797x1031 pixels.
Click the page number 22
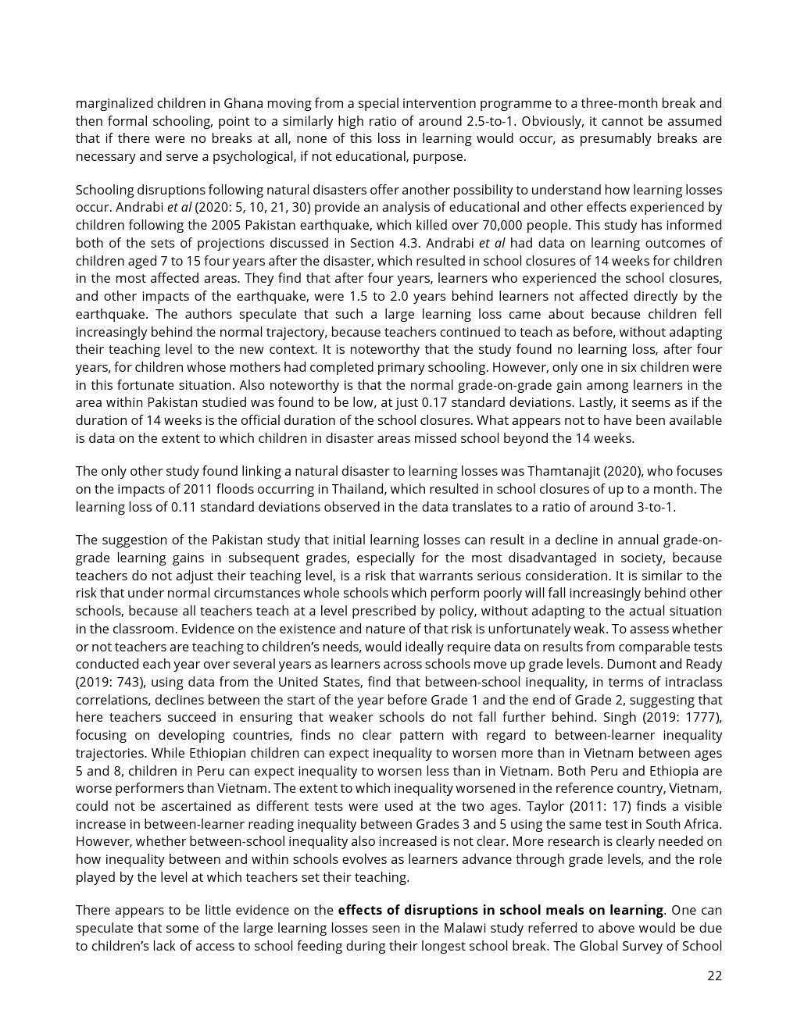coord(714,976)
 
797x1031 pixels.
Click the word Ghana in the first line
coord(242,103)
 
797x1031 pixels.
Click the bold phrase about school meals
coord(500,910)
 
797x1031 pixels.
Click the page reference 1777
coord(702,717)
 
